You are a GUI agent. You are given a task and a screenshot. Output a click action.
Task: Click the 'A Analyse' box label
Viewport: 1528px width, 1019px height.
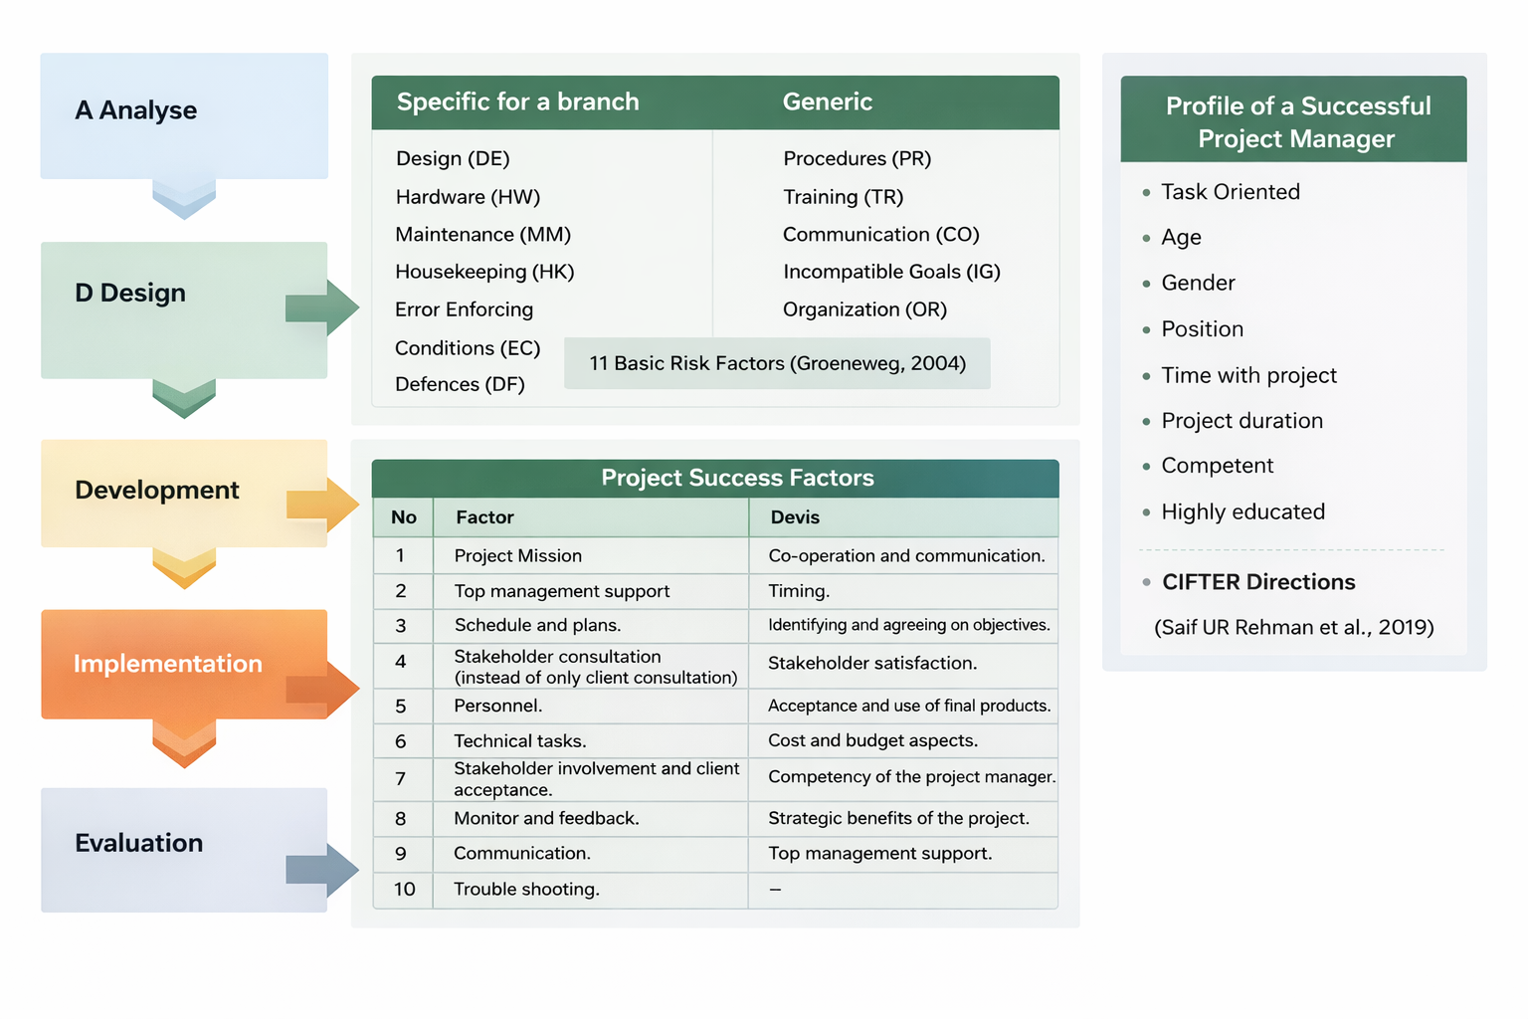pyautogui.click(x=136, y=110)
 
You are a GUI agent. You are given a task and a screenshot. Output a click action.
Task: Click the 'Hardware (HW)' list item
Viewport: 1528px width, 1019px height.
pyautogui.click(x=468, y=197)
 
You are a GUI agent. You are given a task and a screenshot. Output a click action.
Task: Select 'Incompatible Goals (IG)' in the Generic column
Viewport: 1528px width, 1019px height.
pyautogui.click(x=891, y=272)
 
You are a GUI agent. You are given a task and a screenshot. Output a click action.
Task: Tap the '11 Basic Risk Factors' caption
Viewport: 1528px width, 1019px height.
pyautogui.click(x=777, y=363)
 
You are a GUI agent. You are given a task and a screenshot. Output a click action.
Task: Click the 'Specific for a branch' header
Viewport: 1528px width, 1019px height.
pyautogui.click(x=517, y=102)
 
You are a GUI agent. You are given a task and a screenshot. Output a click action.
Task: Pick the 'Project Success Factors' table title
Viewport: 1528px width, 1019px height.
pyautogui.click(x=737, y=478)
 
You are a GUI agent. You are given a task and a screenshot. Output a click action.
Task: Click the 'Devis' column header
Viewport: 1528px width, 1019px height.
pyautogui.click(x=795, y=517)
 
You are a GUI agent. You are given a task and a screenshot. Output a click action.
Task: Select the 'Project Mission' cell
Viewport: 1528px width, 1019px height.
pyautogui.click(x=517, y=555)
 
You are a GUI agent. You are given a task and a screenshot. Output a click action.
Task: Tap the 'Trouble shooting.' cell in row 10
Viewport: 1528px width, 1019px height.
pyautogui.click(x=526, y=889)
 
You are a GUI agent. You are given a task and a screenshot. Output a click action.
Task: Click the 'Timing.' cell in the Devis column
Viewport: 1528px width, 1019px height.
pyautogui.click(x=799, y=591)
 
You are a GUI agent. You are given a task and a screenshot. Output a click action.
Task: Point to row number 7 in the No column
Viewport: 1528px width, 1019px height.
pyautogui.click(x=401, y=778)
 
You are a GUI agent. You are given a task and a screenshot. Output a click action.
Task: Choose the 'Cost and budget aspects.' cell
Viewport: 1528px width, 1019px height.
pyautogui.click(x=872, y=740)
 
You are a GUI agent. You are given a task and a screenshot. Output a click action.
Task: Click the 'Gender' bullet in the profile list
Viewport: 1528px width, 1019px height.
pyautogui.click(x=1198, y=283)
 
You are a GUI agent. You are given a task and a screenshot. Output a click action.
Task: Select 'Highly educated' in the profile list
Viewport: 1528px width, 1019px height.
pyautogui.click(x=1242, y=511)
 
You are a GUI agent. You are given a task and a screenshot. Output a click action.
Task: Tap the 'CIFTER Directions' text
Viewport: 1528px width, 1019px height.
pyautogui.click(x=1258, y=582)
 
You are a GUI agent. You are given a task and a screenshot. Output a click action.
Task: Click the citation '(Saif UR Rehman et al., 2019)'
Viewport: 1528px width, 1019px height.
pyautogui.click(x=1293, y=627)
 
